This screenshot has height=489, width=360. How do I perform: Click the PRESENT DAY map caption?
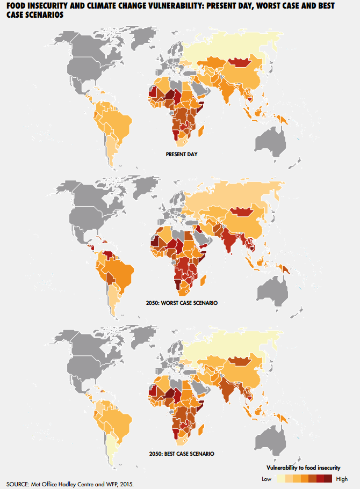click(x=182, y=155)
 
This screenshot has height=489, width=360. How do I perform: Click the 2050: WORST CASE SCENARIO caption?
click(x=182, y=304)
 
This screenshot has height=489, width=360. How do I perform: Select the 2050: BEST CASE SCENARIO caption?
click(x=182, y=454)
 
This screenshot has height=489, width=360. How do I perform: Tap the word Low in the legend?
click(x=266, y=479)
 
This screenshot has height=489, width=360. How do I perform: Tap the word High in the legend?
click(x=341, y=479)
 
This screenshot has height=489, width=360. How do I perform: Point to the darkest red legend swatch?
click(x=328, y=479)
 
